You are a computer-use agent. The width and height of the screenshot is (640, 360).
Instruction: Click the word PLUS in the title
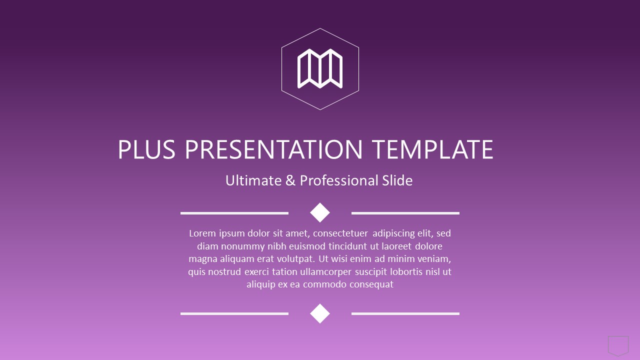click(x=146, y=149)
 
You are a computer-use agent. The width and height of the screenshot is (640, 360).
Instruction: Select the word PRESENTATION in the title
click(x=273, y=149)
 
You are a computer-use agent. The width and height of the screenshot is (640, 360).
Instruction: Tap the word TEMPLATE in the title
click(x=433, y=149)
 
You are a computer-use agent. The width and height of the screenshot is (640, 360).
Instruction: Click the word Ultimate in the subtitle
click(x=253, y=180)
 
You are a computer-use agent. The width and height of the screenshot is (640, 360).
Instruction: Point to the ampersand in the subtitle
click(x=290, y=180)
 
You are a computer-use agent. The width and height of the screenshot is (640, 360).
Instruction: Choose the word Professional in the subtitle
click(x=339, y=180)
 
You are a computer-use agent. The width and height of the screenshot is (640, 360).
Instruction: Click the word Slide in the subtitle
click(x=397, y=180)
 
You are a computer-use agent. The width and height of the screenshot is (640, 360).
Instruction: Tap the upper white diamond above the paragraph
click(x=320, y=212)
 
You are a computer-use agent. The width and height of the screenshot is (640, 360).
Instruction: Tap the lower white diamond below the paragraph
click(x=320, y=313)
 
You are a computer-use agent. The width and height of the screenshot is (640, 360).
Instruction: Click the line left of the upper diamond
click(x=234, y=213)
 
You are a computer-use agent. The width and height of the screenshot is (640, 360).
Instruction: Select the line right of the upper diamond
click(x=405, y=213)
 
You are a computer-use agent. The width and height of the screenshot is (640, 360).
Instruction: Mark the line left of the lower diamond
click(x=234, y=313)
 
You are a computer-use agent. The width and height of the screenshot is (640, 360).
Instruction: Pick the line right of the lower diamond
click(x=405, y=313)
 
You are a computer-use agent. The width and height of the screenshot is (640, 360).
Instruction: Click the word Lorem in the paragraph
click(x=202, y=233)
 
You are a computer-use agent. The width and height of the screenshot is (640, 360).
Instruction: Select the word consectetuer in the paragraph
click(x=340, y=233)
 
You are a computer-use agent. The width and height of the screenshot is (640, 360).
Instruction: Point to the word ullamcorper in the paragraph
click(x=325, y=272)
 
